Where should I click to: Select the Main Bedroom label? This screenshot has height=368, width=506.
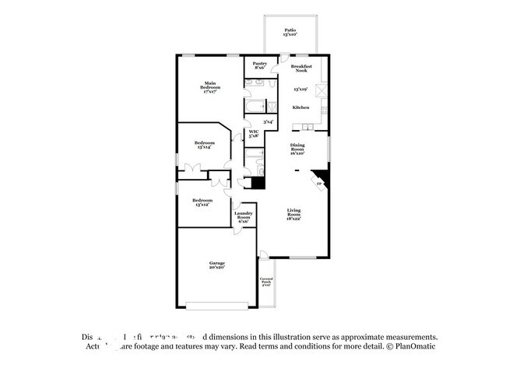pyautogui.click(x=210, y=87)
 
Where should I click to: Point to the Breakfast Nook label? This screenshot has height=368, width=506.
pyautogui.click(x=302, y=68)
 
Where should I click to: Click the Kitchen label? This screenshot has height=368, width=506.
pyautogui.click(x=301, y=107)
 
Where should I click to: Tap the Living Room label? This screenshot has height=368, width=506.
pyautogui.click(x=293, y=213)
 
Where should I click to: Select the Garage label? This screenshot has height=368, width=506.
pyautogui.click(x=216, y=265)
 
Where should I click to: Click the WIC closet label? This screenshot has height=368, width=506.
pyautogui.click(x=254, y=134)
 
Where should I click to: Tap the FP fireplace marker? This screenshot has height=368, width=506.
pyautogui.click(x=318, y=184)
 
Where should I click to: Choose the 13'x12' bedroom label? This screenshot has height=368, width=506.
pyautogui.click(x=202, y=202)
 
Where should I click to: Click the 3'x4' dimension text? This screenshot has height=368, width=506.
pyautogui.click(x=268, y=121)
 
